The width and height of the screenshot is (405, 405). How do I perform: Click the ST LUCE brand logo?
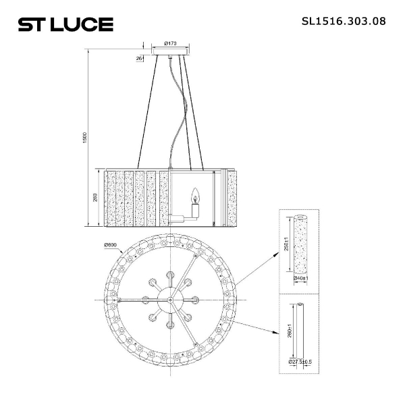65,25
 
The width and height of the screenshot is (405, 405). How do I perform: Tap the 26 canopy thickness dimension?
139,59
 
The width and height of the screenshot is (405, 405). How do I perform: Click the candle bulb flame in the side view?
196,196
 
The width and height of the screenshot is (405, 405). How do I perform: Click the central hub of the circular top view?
170,298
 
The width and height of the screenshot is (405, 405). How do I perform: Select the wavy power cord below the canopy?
177,115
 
